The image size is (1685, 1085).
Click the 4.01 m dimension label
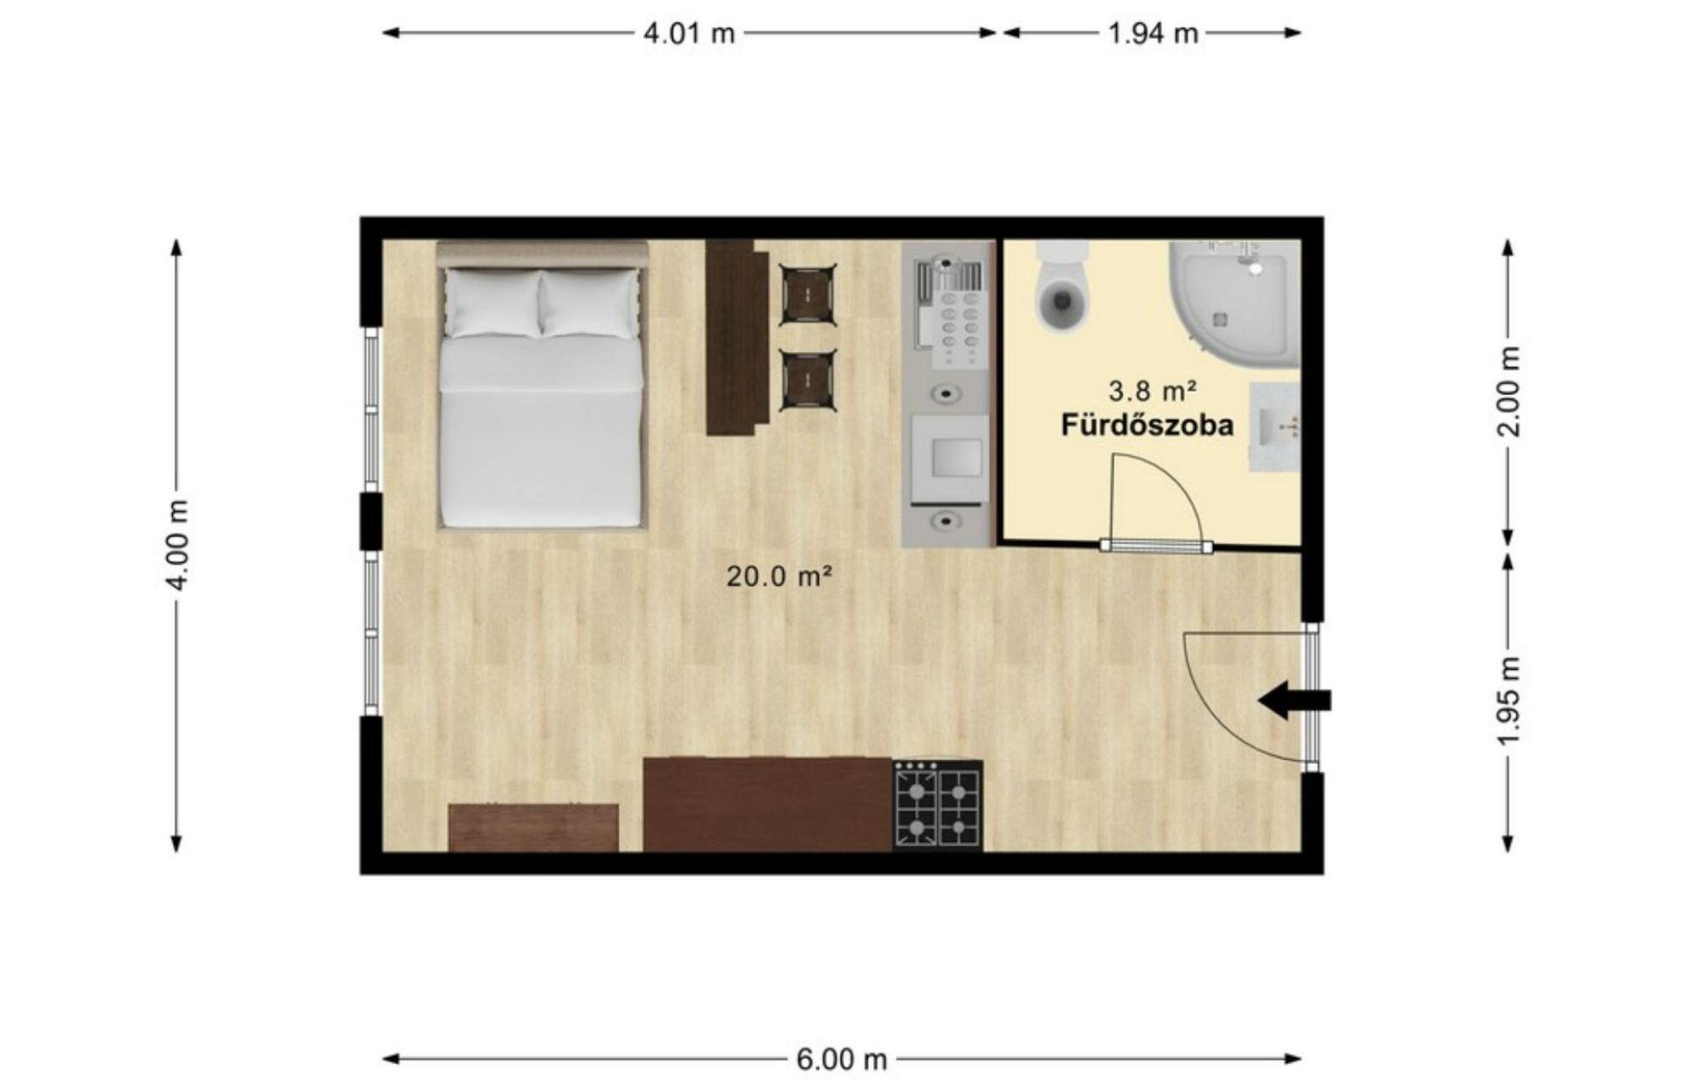689,34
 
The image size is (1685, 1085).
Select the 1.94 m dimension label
1153,34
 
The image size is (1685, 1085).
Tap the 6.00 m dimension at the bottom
841,1059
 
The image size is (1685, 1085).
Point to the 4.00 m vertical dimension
177,544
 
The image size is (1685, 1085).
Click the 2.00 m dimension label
1509,392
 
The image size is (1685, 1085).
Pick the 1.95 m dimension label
1509,700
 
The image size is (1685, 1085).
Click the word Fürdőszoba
1148,425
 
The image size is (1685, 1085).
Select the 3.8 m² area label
1152,391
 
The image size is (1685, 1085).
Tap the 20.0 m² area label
779,576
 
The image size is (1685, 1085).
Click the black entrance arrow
1294,701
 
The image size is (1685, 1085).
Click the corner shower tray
1234,303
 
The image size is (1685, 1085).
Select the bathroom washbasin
1275,426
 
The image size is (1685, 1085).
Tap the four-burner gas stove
938,804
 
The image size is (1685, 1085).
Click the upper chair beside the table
808,294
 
